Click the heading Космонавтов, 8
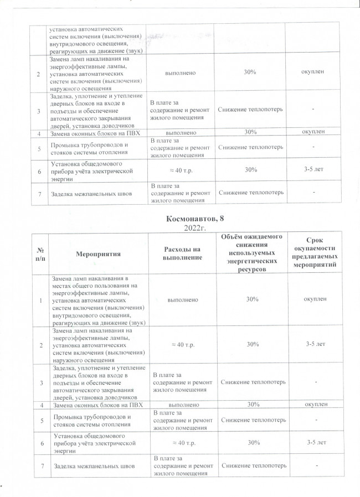pyautogui.click(x=190, y=219)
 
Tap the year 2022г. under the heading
pyautogui.click(x=190, y=227)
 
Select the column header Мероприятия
pyautogui.click(x=99, y=253)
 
